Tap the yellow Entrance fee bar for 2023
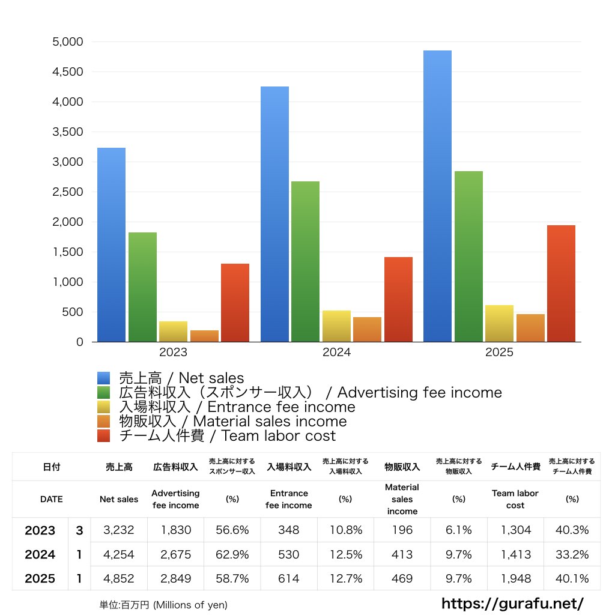click(x=173, y=332)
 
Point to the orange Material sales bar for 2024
click(x=367, y=329)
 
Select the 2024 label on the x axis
click(x=336, y=353)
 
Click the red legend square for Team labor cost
click(x=104, y=435)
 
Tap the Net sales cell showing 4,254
click(x=119, y=554)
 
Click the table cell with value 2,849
click(x=176, y=578)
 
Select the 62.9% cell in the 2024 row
click(x=232, y=554)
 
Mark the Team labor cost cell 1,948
click(x=515, y=578)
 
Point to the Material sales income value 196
click(x=402, y=530)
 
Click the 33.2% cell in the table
click(x=572, y=554)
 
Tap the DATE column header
click(x=51, y=499)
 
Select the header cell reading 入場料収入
click(x=288, y=467)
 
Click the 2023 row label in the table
click(x=40, y=530)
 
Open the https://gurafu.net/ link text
click(x=512, y=602)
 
